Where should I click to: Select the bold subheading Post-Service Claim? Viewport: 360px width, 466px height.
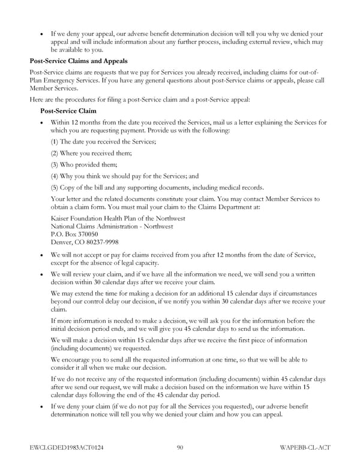68,111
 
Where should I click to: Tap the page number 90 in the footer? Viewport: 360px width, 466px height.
180,447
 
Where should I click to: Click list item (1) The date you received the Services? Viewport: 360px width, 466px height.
104,141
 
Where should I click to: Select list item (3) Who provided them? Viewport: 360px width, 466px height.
85,164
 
